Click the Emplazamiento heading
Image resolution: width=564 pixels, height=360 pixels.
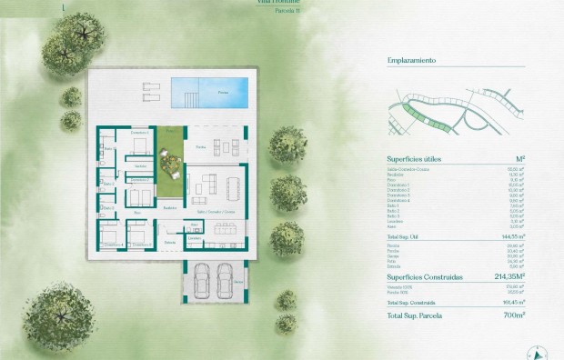411,60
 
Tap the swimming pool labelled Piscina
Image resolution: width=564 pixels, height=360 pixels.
208,91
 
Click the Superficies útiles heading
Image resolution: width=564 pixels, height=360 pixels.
414,157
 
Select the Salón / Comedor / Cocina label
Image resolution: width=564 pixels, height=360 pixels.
216,211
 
